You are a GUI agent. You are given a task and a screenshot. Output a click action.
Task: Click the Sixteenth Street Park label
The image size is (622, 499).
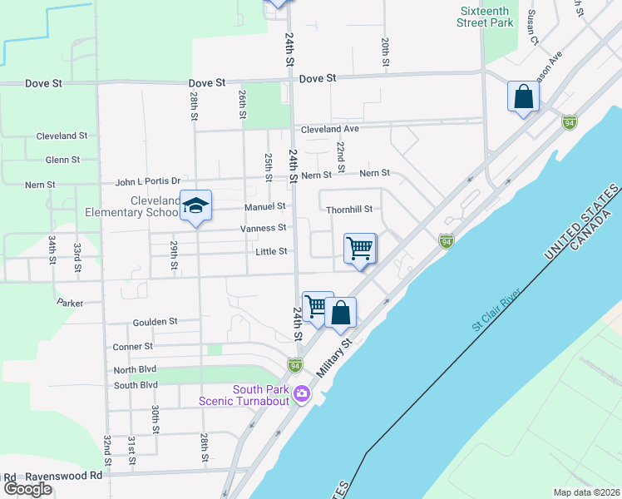click(485, 17)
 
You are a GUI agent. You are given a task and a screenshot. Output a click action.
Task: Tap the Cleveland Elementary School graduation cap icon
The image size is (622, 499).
click(195, 205)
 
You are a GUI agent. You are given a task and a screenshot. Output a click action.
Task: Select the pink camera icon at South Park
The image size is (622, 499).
click(301, 393)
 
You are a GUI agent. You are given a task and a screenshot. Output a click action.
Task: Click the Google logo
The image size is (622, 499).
click(27, 488)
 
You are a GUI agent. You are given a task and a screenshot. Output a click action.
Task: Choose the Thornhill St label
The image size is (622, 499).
click(349, 210)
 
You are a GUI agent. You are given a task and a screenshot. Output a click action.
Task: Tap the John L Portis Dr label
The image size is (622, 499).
click(147, 181)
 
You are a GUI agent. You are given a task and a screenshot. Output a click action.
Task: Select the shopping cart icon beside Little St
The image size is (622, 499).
click(360, 248)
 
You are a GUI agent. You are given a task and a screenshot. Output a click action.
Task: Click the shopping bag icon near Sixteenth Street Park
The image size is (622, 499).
click(524, 96)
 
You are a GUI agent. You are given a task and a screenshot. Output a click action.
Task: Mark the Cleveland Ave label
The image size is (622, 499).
click(330, 129)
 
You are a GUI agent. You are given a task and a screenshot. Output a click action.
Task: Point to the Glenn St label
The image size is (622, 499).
click(62, 160)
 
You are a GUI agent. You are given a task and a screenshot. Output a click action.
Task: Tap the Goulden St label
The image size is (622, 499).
click(155, 321)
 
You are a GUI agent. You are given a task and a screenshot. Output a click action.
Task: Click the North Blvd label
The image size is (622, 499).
click(136, 369)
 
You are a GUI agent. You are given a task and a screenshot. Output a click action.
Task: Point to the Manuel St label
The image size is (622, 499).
click(265, 206)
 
